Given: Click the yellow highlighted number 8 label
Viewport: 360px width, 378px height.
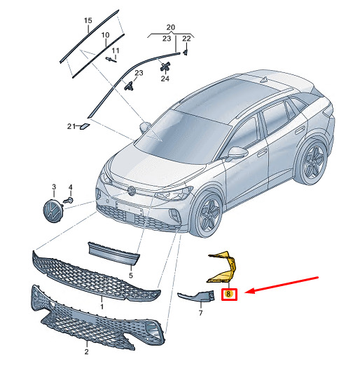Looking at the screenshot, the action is coord(228,294).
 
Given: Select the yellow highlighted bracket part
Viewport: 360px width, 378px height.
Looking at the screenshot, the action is coord(223,268).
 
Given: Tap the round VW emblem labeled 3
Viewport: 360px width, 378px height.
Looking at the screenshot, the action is coord(52,211).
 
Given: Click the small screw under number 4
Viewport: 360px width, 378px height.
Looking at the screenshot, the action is coord(69,201).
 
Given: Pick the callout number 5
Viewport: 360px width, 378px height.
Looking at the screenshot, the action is coord(131,276).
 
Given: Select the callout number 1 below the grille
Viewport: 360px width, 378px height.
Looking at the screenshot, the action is coord(102,306).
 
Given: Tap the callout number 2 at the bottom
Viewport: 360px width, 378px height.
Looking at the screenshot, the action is coord(86,351).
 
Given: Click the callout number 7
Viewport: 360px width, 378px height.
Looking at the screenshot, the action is coord(200,313).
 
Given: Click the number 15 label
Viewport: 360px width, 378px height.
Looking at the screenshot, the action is coord(88,20).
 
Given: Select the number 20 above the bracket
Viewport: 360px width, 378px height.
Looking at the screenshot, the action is coord(171,27).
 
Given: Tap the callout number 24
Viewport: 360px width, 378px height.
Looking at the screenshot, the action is coord(165,79).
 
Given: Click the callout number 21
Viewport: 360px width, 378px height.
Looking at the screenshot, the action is coord(71,126).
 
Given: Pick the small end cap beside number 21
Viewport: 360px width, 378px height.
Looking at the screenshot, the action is coord(85,126).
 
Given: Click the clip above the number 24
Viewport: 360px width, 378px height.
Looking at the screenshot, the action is coord(165,66).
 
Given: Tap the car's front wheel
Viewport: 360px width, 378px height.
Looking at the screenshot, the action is coord(207,213).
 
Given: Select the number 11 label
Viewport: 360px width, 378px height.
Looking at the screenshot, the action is coord(116,50).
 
